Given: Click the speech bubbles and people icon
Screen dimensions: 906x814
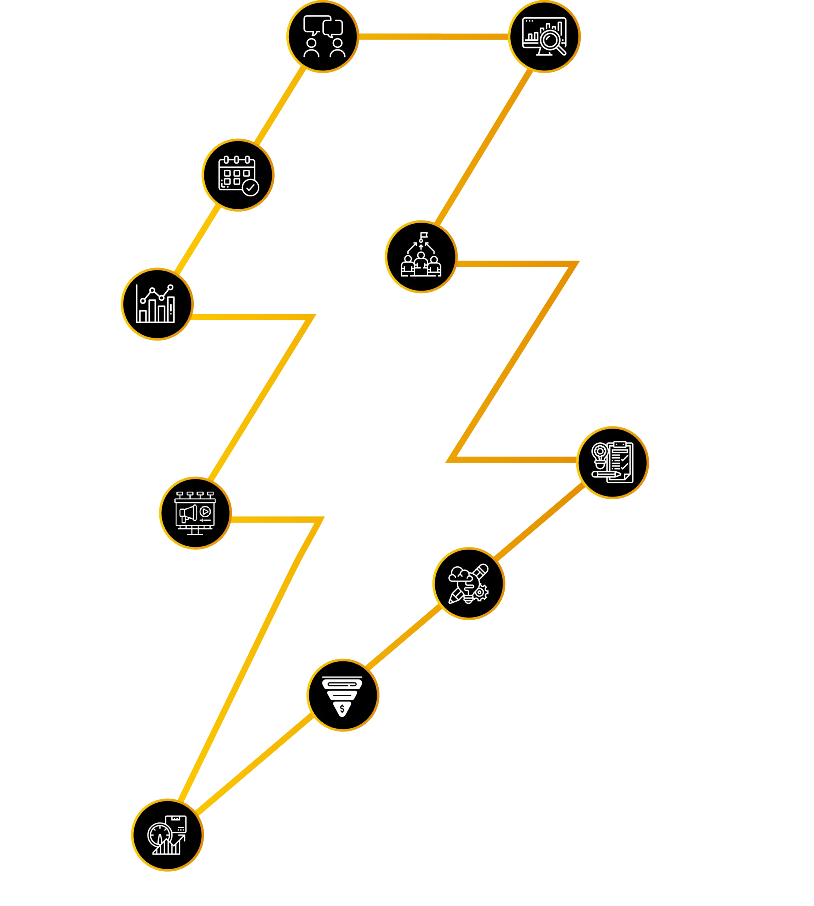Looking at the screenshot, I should coord(323,37).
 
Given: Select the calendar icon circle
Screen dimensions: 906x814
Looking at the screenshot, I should coord(238,175).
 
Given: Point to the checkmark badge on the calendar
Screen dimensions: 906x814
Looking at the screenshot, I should coord(250,187).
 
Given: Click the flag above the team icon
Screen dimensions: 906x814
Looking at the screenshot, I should coord(423,235).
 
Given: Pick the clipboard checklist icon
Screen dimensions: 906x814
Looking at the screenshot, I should coord(613,463).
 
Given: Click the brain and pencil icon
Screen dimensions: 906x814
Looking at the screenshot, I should coord(469,583).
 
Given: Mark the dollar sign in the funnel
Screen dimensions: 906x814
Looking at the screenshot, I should coord(342,709).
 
